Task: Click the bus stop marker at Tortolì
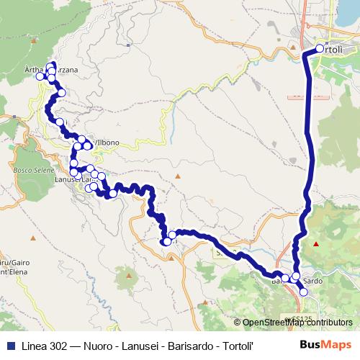[320, 49]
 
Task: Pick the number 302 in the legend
[63, 344]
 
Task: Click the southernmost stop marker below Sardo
[303, 292]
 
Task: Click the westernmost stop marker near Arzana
[40, 76]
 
